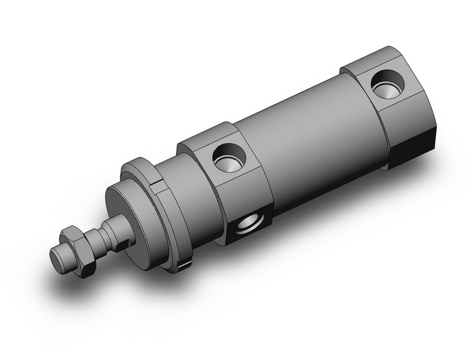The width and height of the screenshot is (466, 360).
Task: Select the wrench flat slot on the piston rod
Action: [125, 245]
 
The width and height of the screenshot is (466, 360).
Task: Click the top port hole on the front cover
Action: [229, 157]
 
